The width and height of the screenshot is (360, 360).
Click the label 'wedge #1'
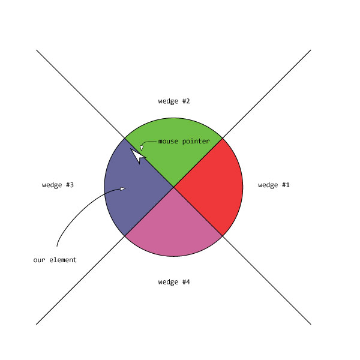pyautogui.click(x=274, y=185)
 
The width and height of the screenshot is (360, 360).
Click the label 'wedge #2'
pyautogui.click(x=174, y=101)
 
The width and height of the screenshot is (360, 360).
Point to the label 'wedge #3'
pyautogui.click(x=58, y=185)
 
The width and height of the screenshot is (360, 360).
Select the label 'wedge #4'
pyautogui.click(x=174, y=282)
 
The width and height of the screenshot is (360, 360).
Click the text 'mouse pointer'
pyautogui.click(x=184, y=142)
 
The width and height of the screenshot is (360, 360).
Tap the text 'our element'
pyautogui.click(x=55, y=260)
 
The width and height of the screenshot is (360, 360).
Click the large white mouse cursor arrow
pyautogui.click(x=137, y=155)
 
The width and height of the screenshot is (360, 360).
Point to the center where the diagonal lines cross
pyautogui.click(x=174, y=187)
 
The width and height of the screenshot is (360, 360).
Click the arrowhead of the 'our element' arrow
pyautogui.click(x=122, y=189)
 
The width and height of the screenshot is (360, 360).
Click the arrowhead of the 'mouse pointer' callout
pyautogui.click(x=142, y=148)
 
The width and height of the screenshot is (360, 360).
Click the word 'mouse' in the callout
pyautogui.click(x=169, y=142)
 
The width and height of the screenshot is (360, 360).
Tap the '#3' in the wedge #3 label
pyautogui.click(x=70, y=185)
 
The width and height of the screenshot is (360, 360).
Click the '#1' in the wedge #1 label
pyautogui.click(x=286, y=185)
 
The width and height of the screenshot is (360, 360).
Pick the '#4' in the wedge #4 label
pyautogui.click(x=186, y=282)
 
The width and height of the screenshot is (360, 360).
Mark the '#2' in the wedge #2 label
pyautogui.click(x=186, y=101)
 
